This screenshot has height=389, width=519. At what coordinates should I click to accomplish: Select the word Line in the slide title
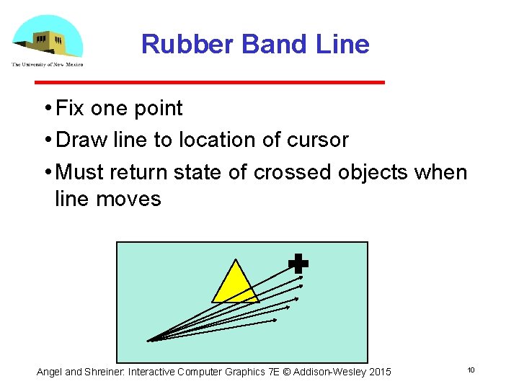click(342, 45)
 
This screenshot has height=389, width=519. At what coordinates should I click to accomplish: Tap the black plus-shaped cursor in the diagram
click(298, 264)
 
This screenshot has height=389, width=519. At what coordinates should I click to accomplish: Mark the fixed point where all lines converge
click(148, 340)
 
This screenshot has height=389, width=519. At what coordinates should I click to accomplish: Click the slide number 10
click(471, 370)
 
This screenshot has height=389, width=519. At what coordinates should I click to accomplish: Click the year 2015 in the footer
click(379, 372)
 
